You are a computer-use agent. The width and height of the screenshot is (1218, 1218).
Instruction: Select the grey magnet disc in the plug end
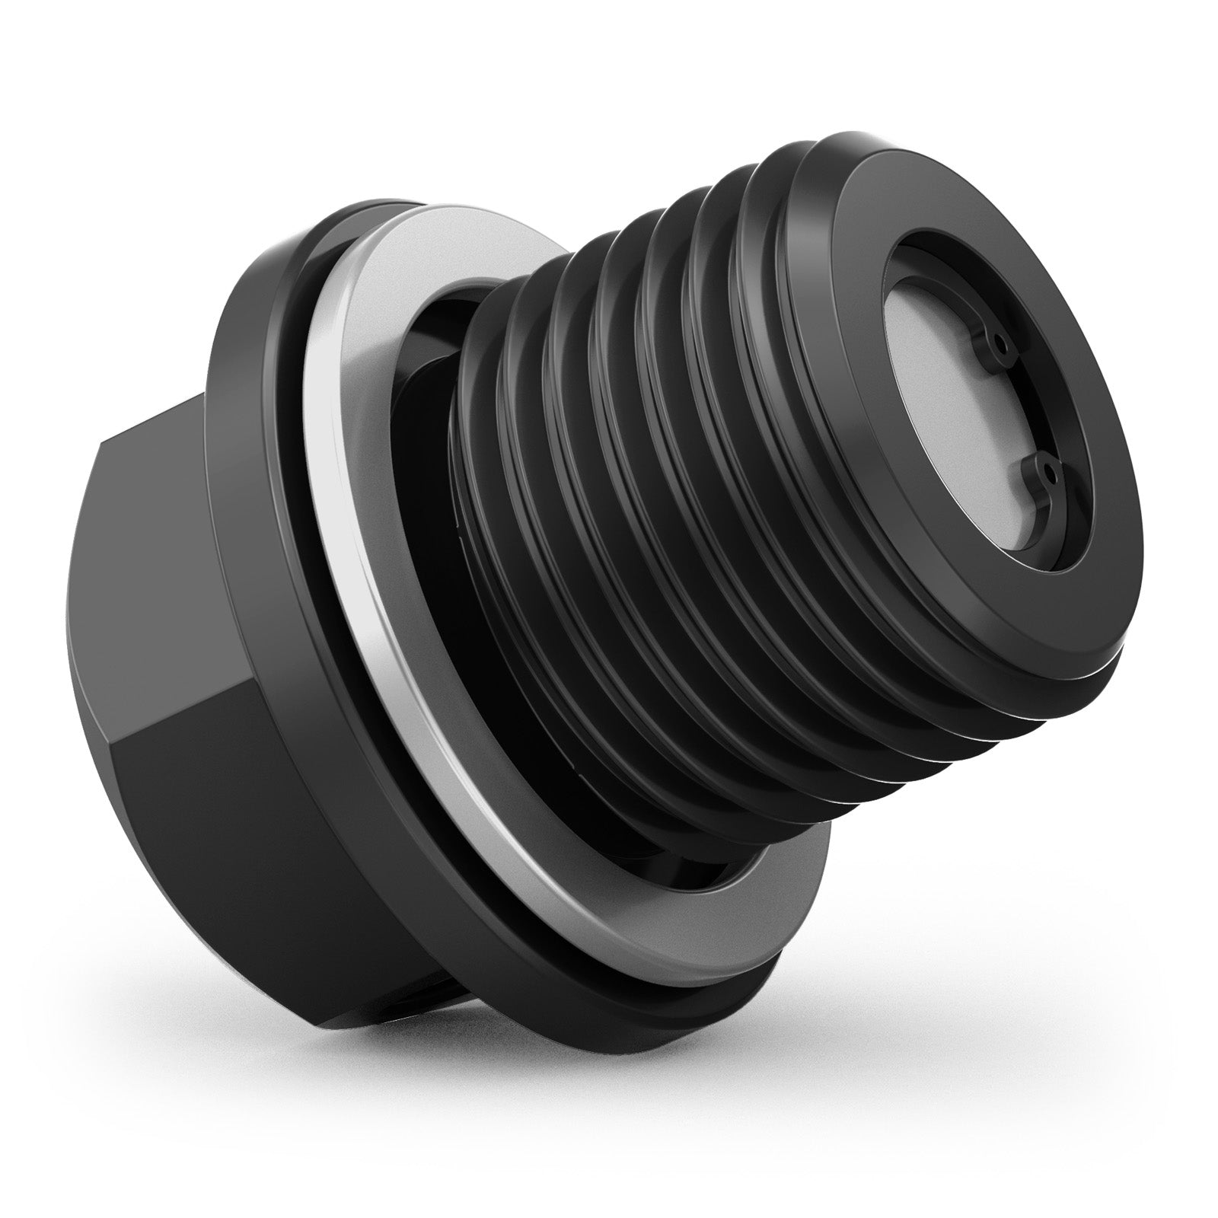point(959,426)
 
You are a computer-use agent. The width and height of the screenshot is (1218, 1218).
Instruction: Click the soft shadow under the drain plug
point(609,1066)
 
